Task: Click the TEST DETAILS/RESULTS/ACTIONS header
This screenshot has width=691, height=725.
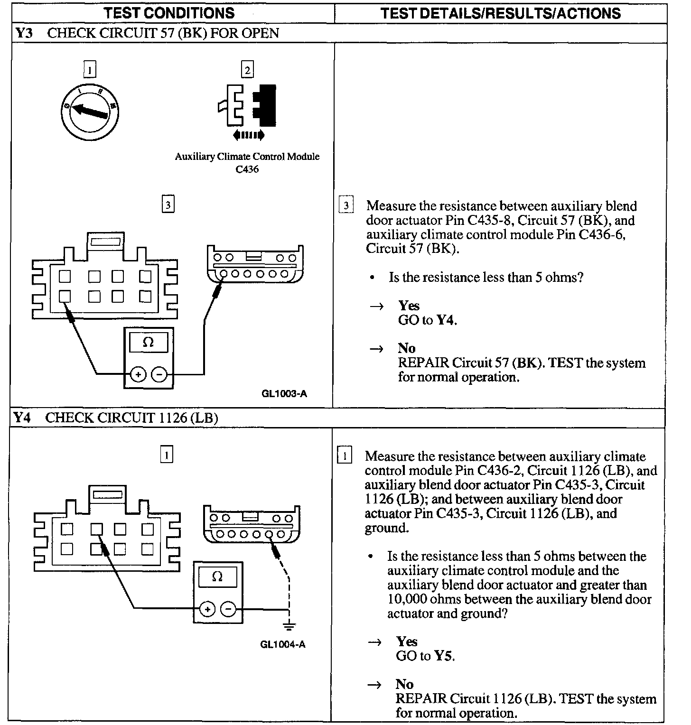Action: (x=500, y=13)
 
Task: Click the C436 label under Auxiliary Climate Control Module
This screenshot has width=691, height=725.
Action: (x=247, y=169)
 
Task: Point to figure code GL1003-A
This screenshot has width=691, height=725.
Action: (x=284, y=393)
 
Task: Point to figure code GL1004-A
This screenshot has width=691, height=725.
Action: (x=282, y=644)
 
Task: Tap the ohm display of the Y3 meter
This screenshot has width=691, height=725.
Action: (x=149, y=343)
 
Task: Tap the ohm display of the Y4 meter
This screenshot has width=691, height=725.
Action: (x=217, y=577)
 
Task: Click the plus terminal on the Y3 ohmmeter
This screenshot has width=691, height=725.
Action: (x=138, y=375)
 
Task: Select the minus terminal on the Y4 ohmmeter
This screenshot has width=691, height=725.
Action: (x=229, y=609)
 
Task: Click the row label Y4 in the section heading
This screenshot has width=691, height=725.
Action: (x=22, y=418)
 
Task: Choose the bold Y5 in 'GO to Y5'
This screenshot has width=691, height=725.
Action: (x=444, y=656)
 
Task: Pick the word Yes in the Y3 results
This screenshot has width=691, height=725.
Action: (x=409, y=306)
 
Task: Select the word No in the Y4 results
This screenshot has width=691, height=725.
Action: (x=404, y=684)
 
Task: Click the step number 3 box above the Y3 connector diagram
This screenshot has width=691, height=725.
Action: (x=168, y=205)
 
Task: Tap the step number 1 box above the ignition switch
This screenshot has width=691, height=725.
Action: (x=89, y=70)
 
